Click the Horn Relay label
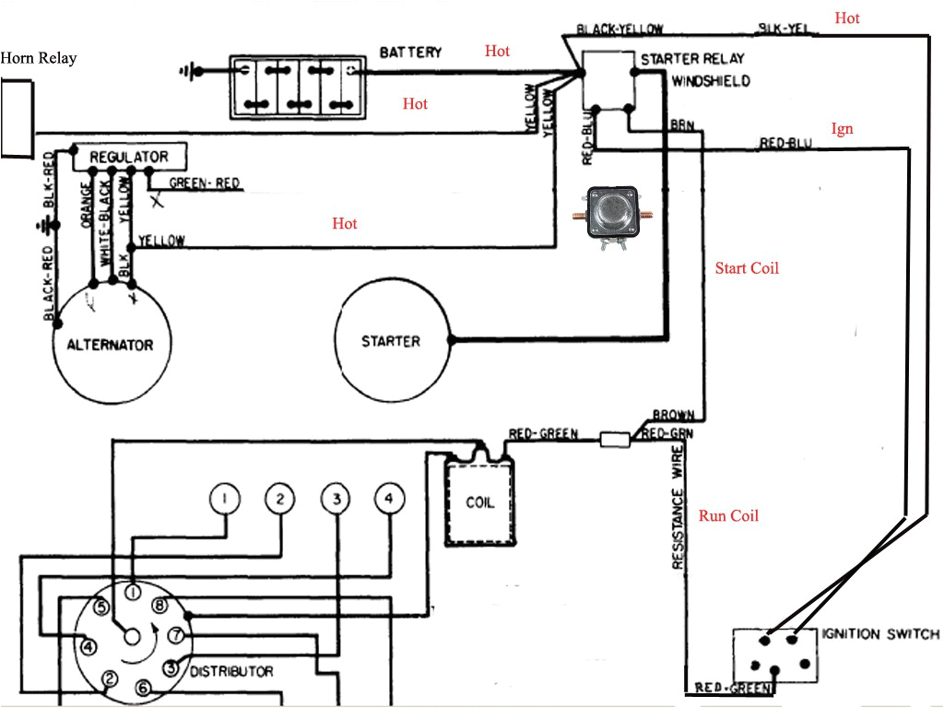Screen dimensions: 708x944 click(x=39, y=58)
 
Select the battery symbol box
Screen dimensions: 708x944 click(x=297, y=88)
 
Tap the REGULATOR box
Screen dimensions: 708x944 click(x=128, y=157)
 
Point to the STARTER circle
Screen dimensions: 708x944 click(x=391, y=341)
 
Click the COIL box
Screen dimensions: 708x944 click(x=479, y=503)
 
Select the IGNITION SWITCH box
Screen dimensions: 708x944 click(x=774, y=656)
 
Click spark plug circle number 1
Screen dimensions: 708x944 click(x=224, y=499)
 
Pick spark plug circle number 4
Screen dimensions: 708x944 click(x=389, y=499)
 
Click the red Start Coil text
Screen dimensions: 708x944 click(x=747, y=268)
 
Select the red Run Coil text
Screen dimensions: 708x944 click(x=728, y=515)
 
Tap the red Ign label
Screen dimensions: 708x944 click(x=842, y=129)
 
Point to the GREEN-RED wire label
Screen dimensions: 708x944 click(x=204, y=183)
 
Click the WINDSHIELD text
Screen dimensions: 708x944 click(x=710, y=81)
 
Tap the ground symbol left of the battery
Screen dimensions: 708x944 click(x=192, y=69)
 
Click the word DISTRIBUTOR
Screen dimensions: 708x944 click(x=230, y=670)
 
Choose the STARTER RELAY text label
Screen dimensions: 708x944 click(x=692, y=59)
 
